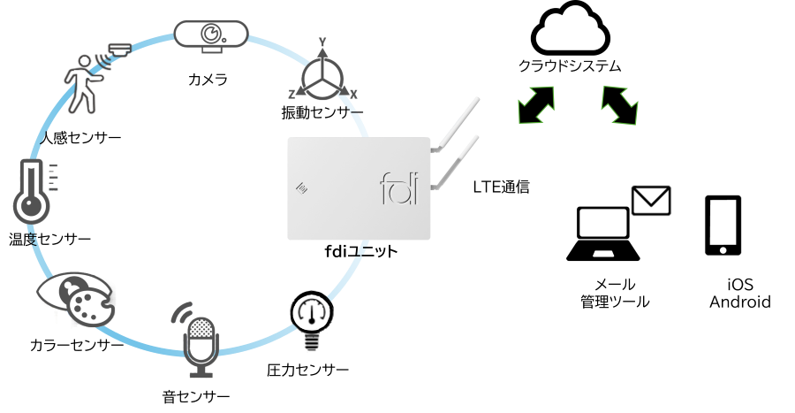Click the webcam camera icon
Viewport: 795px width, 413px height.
(x=211, y=36)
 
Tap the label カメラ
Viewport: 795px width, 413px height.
(x=208, y=80)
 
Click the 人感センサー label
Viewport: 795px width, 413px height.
(x=80, y=137)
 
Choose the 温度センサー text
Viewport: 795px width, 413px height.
(x=49, y=239)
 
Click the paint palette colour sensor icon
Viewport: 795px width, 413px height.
(x=76, y=299)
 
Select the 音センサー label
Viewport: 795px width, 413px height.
(x=196, y=396)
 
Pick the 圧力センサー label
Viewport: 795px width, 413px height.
(x=307, y=370)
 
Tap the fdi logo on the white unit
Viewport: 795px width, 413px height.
(x=399, y=188)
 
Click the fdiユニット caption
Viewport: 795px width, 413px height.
(x=361, y=252)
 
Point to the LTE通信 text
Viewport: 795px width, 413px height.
(x=501, y=187)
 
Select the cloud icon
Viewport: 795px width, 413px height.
(x=571, y=28)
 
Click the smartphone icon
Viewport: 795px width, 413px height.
(x=723, y=226)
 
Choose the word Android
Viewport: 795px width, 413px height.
(x=740, y=302)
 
